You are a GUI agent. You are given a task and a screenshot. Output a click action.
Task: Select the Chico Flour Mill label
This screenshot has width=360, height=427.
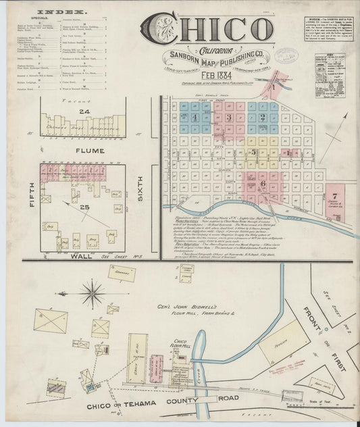pyautogui.click(x=180, y=345)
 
